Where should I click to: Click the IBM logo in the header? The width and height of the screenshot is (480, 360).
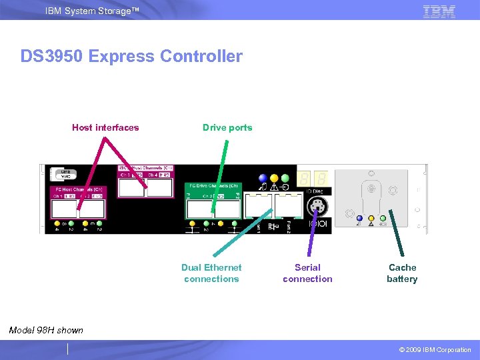click(x=439, y=11)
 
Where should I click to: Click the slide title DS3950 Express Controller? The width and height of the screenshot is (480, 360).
click(x=131, y=57)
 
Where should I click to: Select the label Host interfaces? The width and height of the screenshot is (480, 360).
click(x=105, y=127)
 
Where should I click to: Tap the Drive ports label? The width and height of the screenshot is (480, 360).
click(x=227, y=127)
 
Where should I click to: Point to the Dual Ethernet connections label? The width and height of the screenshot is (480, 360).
click(x=211, y=273)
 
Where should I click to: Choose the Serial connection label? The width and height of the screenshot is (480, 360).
click(x=307, y=273)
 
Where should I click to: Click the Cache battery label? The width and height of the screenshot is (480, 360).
click(x=402, y=273)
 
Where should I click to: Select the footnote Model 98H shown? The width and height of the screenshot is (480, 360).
click(x=46, y=330)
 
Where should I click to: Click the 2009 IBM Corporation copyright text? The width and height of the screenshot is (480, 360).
click(x=435, y=350)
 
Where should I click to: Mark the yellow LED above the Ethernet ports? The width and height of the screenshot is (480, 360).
click(x=274, y=179)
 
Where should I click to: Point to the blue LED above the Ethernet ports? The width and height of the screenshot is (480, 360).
click(x=263, y=179)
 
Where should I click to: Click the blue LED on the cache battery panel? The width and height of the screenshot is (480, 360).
click(x=359, y=218)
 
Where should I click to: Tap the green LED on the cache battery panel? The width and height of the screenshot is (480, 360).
click(x=383, y=218)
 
